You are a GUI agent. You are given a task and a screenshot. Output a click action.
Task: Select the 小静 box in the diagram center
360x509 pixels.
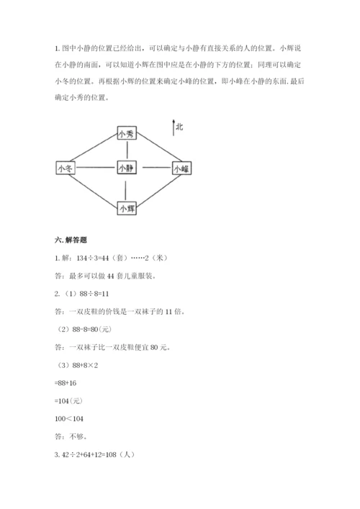pyautogui.click(x=127, y=168)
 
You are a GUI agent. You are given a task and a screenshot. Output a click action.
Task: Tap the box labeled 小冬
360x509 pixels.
pyautogui.click(x=65, y=168)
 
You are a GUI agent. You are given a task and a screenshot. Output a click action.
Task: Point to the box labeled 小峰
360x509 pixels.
pyautogui.click(x=181, y=168)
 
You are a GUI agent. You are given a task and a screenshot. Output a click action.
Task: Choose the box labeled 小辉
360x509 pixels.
pyautogui.click(x=127, y=207)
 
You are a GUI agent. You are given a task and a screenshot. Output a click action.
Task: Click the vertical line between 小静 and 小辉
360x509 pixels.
pyautogui.click(x=127, y=188)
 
